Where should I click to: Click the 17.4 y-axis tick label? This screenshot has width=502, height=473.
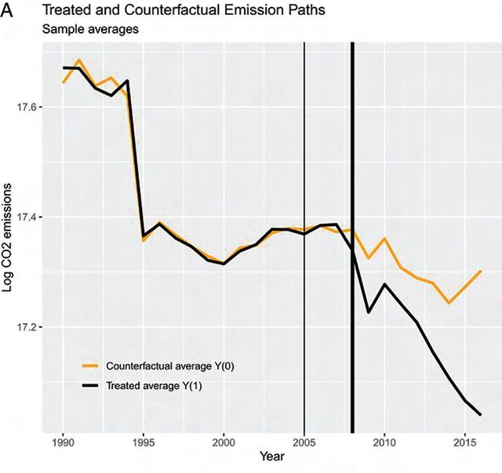[x=36, y=216]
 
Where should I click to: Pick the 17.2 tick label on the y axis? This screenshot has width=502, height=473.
[x=36, y=327]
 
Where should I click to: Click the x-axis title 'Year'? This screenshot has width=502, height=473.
[x=271, y=455]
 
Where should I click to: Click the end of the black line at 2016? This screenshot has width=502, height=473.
[x=480, y=415]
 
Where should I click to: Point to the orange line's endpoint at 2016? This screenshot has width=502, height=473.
[x=480, y=271]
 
